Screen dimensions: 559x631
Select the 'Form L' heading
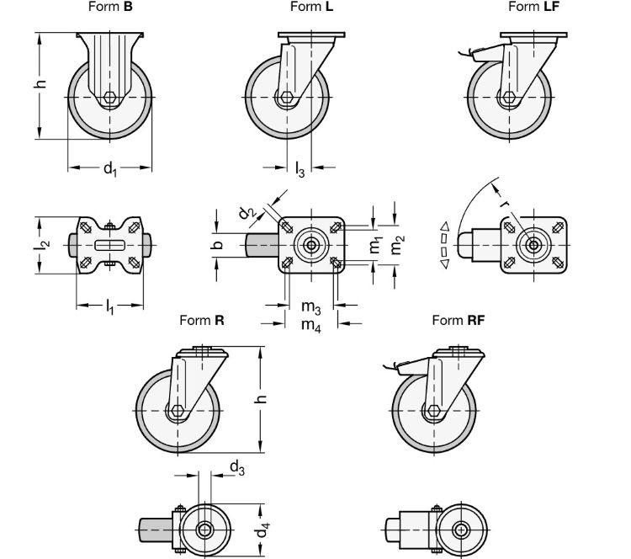[x=311, y=7]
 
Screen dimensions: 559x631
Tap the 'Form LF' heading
[x=533, y=7]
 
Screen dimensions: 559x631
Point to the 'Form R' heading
[x=202, y=320]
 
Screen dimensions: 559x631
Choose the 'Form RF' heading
[x=459, y=320]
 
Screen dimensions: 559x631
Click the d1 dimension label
[x=110, y=169]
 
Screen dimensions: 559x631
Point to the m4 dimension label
[x=310, y=324]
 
